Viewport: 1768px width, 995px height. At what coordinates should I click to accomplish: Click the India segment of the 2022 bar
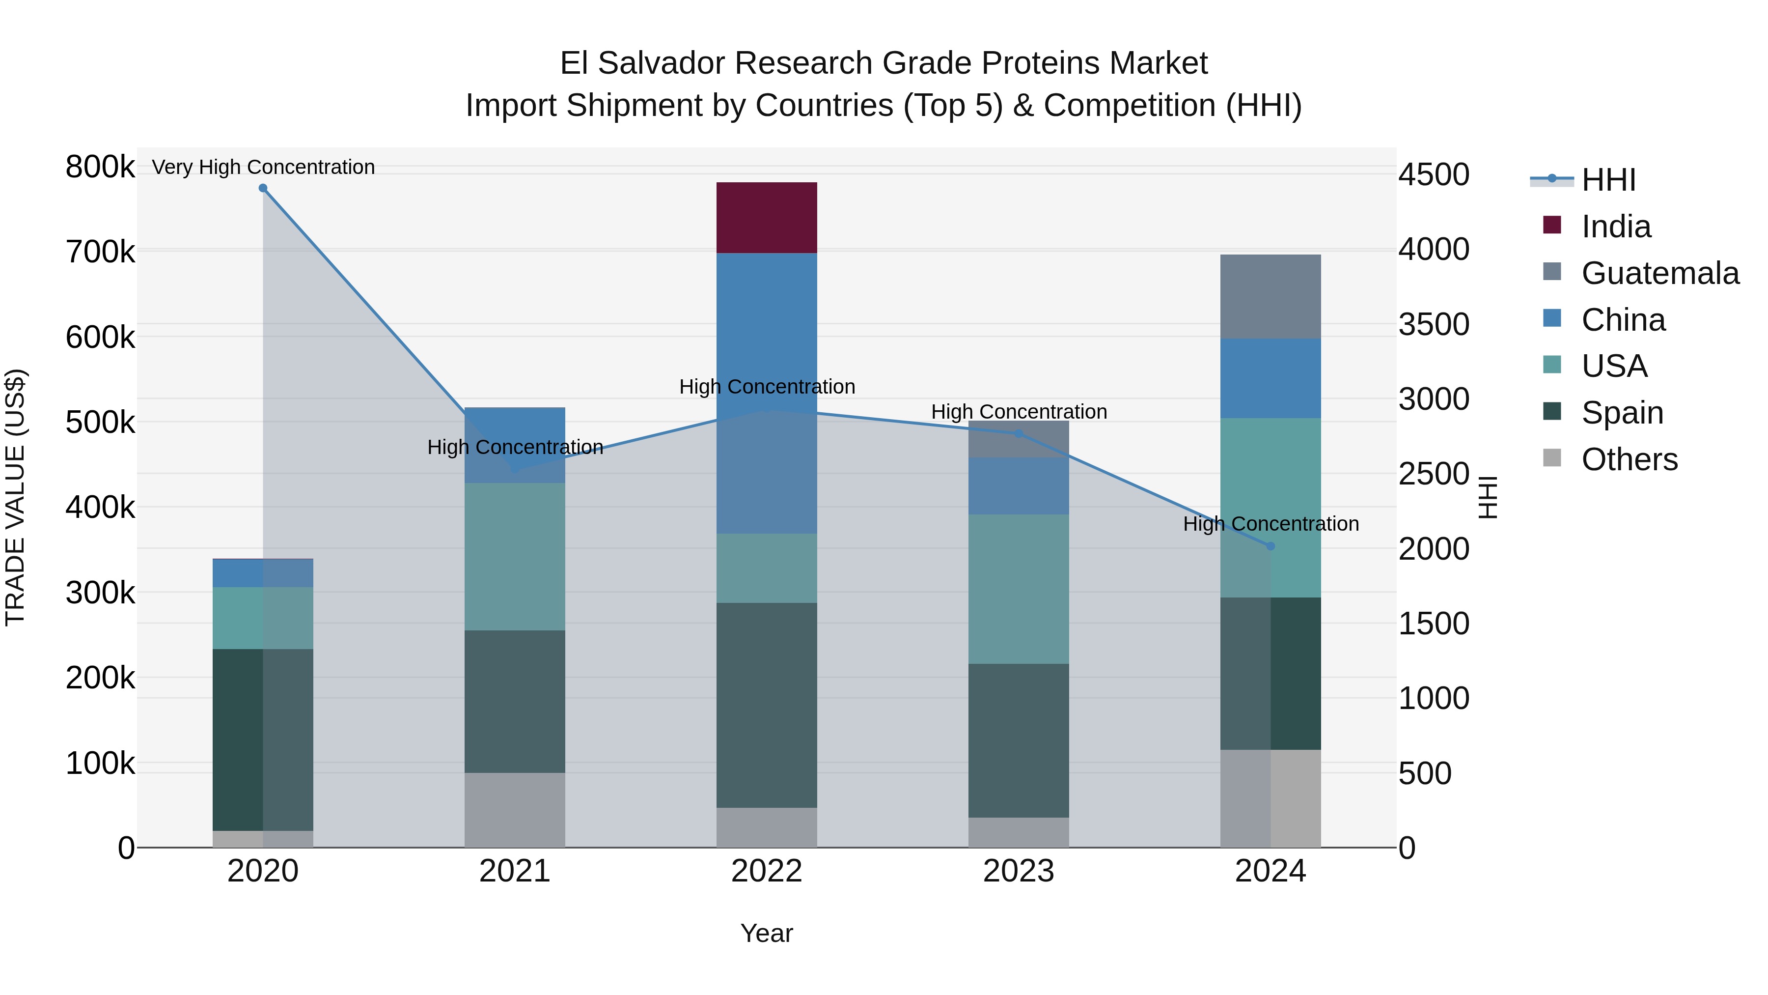[767, 218]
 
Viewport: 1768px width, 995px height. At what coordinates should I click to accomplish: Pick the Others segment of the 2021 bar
[515, 810]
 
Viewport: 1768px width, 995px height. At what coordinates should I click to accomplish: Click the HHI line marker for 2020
[263, 188]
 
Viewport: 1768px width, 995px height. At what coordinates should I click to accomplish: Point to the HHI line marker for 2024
[1271, 546]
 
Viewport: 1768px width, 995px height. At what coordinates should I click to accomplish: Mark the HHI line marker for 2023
[1019, 434]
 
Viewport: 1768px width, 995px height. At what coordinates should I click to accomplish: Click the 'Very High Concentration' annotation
[263, 167]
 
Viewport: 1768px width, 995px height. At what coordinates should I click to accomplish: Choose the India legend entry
[1616, 227]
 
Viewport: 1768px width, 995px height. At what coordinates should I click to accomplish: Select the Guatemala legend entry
[1659, 273]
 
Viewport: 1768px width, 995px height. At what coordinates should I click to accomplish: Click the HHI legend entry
[1608, 180]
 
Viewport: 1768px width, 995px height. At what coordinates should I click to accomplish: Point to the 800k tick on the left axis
[100, 167]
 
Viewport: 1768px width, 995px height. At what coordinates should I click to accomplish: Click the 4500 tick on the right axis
[1434, 174]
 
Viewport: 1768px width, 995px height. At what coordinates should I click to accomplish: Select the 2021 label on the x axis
[515, 871]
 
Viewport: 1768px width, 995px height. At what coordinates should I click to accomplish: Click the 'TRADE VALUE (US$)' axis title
[15, 497]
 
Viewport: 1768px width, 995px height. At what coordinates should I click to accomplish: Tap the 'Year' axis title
[767, 933]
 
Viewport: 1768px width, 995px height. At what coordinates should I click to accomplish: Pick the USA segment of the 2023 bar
[1019, 589]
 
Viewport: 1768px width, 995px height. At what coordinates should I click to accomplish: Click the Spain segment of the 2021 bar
[515, 701]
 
